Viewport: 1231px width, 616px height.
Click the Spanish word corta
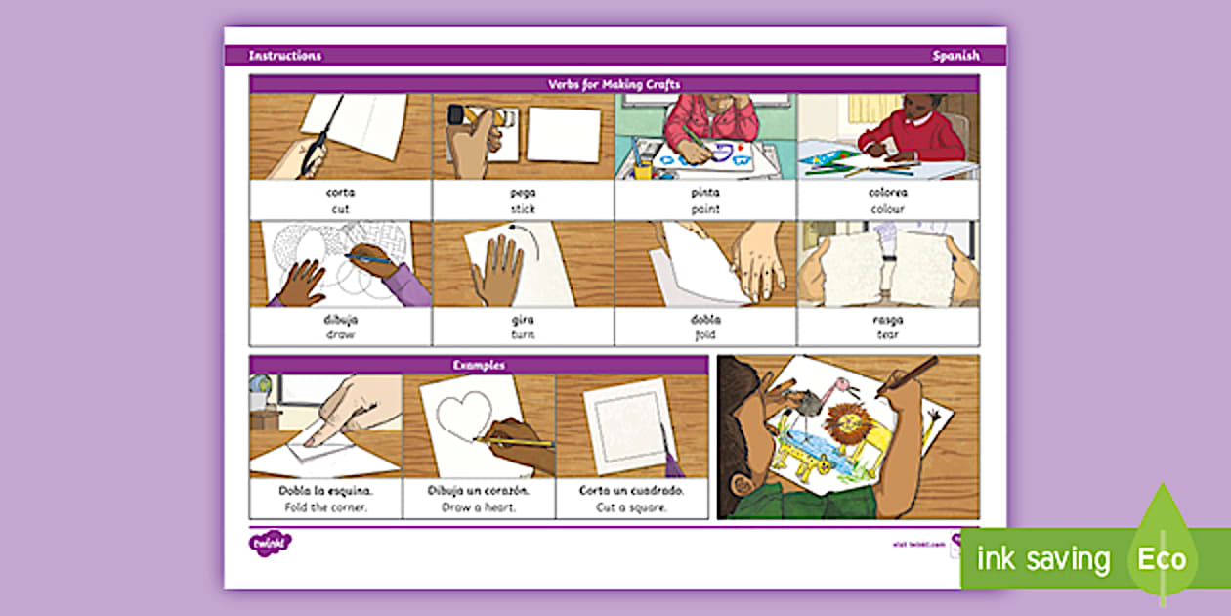click(340, 193)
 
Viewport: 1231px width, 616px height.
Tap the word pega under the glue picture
click(523, 193)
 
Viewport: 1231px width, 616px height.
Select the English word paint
click(705, 209)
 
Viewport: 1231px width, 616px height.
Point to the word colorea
click(888, 193)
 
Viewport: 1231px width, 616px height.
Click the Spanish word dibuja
click(340, 320)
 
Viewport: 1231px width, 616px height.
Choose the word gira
click(523, 320)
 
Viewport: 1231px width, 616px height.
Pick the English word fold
click(705, 334)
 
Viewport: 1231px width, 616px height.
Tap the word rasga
click(888, 320)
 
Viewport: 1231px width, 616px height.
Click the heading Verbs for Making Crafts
click(614, 84)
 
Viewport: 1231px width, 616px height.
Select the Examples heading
click(478, 365)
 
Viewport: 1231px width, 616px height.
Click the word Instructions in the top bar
click(284, 56)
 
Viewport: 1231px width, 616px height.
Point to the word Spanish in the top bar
click(955, 56)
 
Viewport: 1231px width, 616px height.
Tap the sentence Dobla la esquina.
click(326, 491)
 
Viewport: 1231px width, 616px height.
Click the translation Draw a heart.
click(479, 507)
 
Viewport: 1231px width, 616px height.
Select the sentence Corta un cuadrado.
click(632, 491)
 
